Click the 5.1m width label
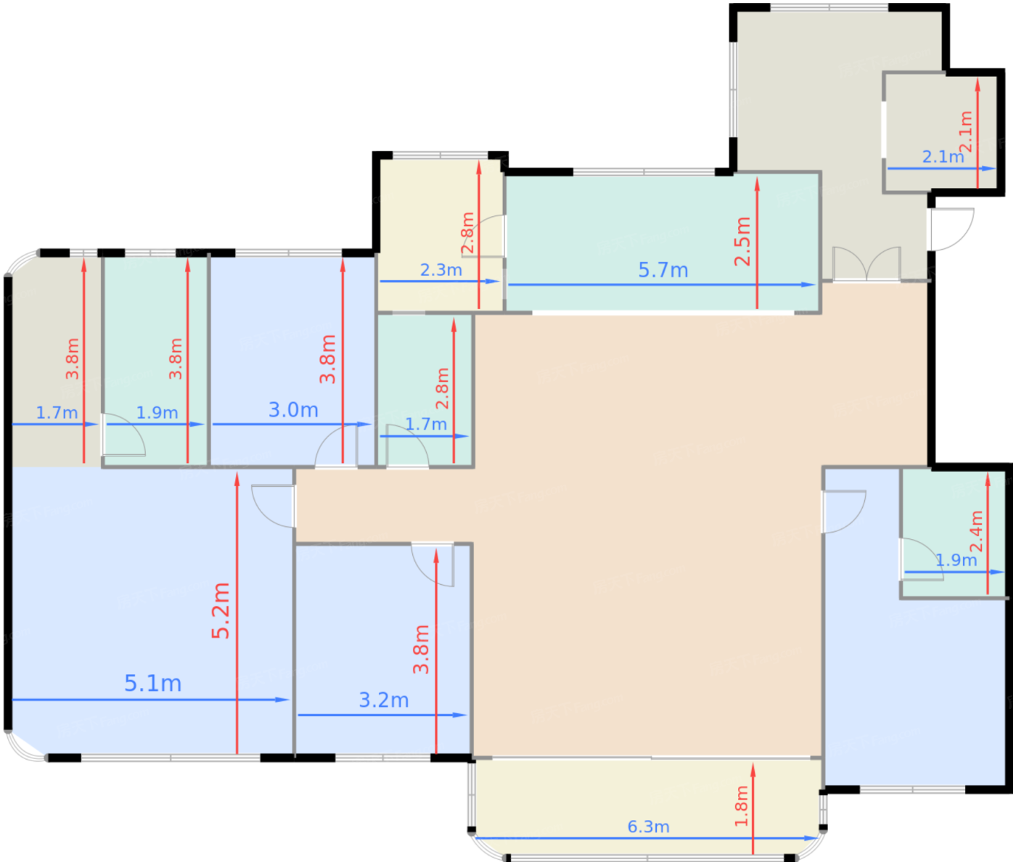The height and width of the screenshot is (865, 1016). pos(153,684)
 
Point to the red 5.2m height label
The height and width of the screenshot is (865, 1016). pos(221,611)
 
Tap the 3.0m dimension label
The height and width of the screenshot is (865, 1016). pos(293,410)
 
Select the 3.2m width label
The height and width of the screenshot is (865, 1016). pos(384,700)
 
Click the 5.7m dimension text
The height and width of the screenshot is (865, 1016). pos(663,270)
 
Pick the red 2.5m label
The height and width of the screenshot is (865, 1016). pos(742,242)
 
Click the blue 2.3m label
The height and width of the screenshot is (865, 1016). pos(441,270)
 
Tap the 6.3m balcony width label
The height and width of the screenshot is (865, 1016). pos(648,827)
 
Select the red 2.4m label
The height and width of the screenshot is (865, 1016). pos(976,531)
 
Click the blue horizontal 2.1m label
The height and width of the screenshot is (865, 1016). pos(943,157)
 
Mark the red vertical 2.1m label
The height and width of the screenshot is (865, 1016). pos(966,132)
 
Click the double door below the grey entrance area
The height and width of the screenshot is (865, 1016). pos(867,264)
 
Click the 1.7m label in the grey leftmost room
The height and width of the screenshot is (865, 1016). pos(57,413)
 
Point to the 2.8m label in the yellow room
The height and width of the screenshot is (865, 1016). pos(467,233)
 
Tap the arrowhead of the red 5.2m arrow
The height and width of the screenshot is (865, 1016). pos(237,479)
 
